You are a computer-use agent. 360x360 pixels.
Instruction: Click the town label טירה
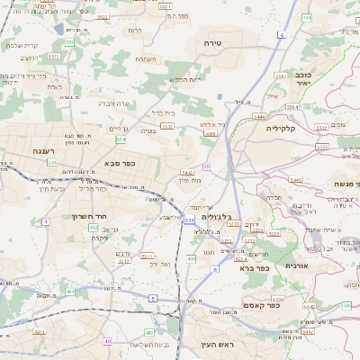(x=213, y=42)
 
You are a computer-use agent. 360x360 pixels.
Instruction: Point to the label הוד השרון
(x=92, y=217)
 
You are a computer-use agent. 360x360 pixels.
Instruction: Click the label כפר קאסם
(x=262, y=305)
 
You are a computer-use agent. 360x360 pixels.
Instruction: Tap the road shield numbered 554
(x=121, y=139)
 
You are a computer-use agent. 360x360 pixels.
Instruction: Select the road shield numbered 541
(x=52, y=163)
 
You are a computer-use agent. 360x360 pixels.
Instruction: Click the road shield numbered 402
(x=93, y=228)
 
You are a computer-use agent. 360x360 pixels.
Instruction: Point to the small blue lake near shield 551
(x=58, y=29)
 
